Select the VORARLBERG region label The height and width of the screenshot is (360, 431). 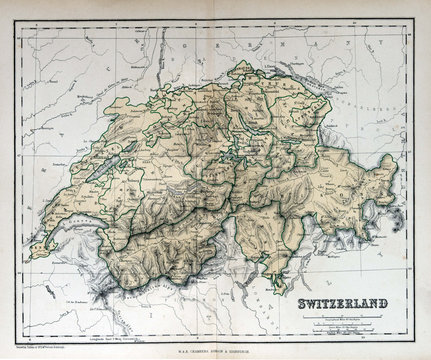click(371, 100)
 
